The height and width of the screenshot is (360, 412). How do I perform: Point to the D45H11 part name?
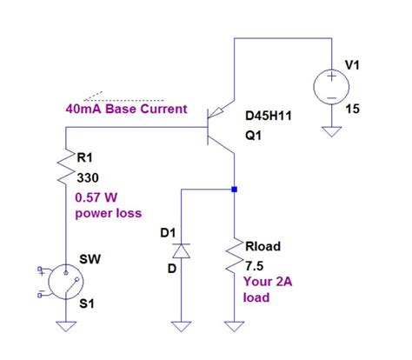coord(269,114)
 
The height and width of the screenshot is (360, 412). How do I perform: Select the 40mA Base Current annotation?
coord(126,110)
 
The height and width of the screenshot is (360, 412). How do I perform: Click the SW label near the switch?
coord(89,260)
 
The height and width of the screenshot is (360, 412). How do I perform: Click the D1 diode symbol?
coord(181,251)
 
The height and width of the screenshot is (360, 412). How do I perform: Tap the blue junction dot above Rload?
coord(236,187)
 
